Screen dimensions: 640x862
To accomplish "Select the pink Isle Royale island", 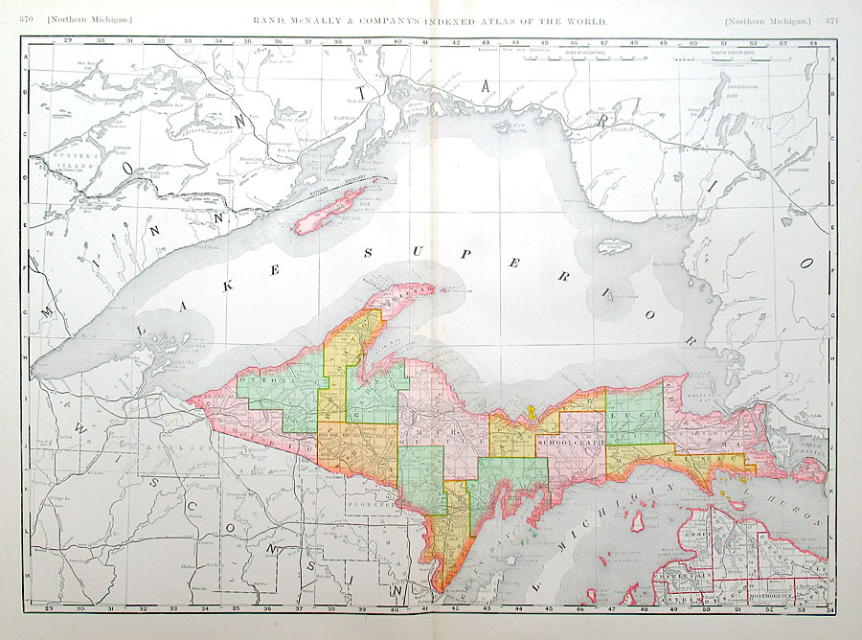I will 331,210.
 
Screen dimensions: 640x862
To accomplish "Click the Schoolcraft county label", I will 569,444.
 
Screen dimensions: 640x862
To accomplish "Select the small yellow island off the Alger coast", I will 529,414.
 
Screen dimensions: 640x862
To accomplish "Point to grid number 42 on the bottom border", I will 454,607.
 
